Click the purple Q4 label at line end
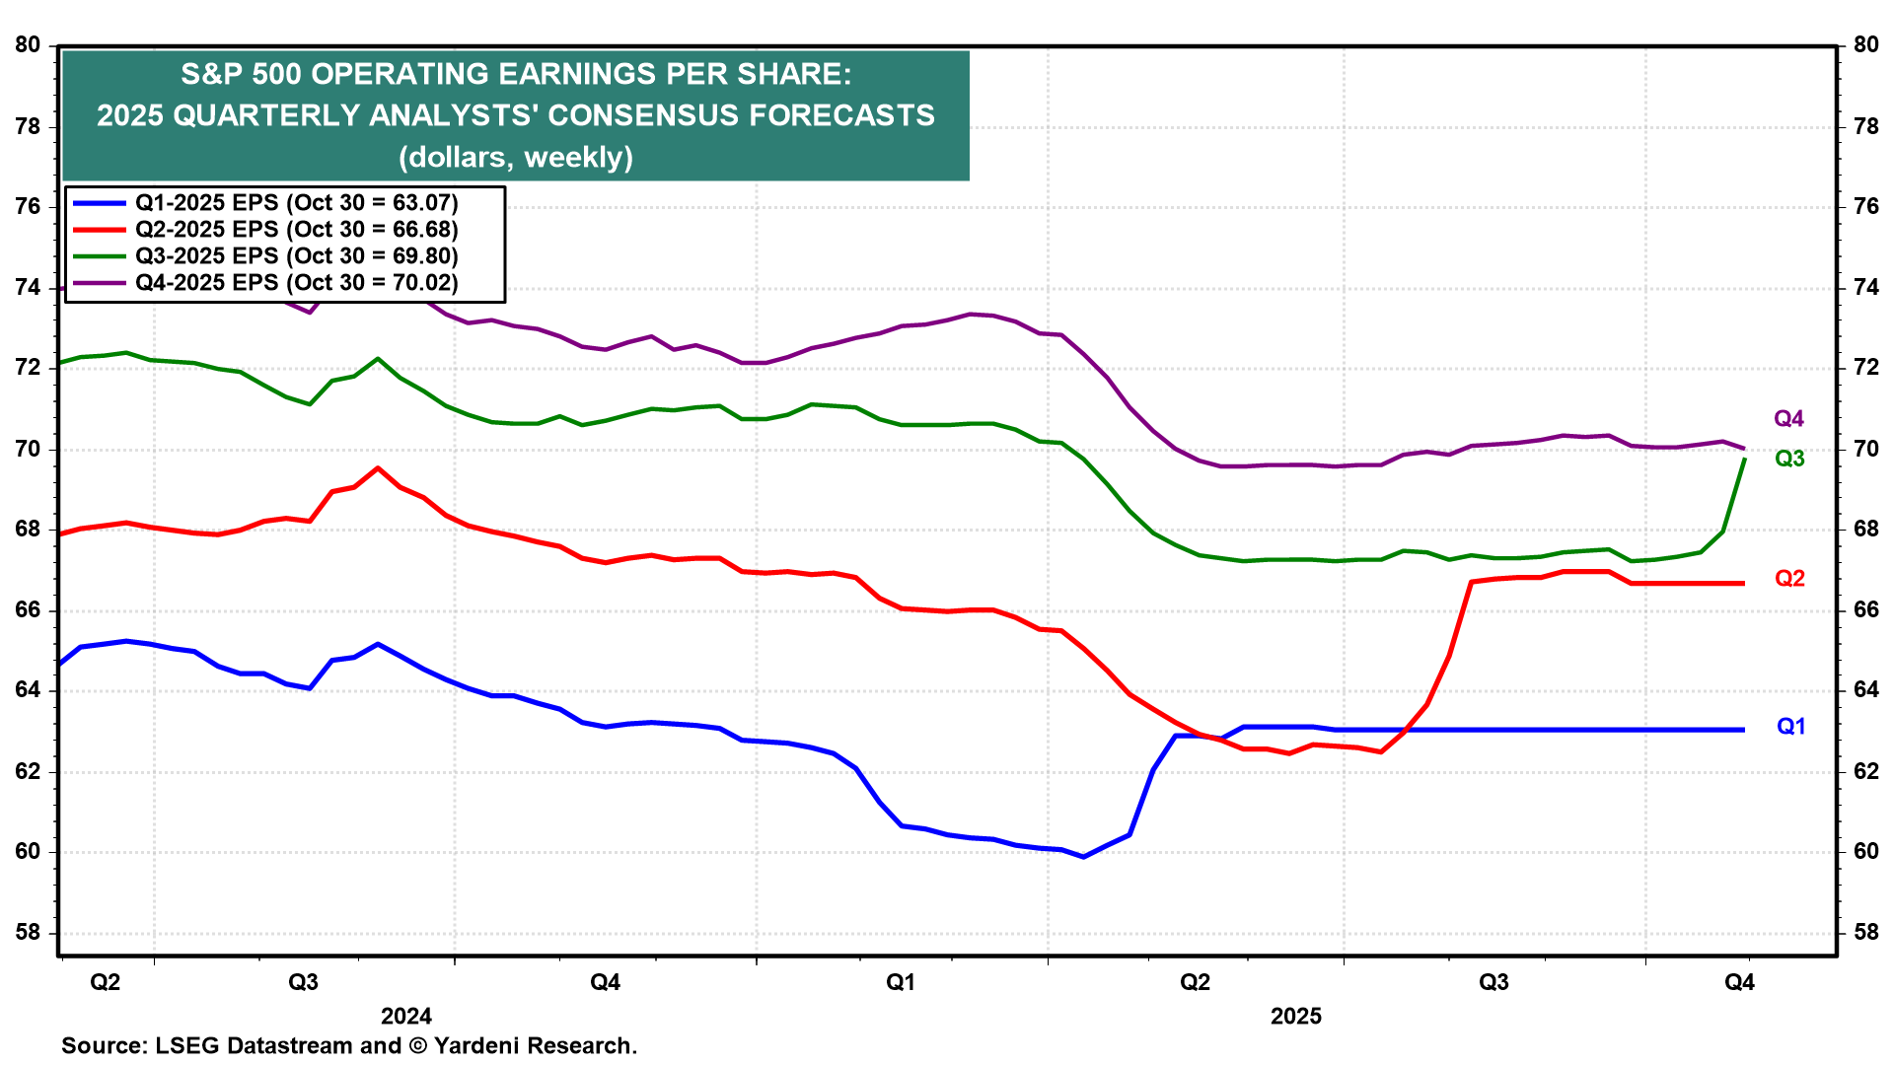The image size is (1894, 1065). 1788,419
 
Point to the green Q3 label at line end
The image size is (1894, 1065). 1789,459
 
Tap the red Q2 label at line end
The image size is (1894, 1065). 1789,579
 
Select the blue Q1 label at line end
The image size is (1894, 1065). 1790,727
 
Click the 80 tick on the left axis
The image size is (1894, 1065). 28,45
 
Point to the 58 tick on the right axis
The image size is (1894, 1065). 1866,933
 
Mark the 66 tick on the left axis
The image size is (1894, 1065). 28,610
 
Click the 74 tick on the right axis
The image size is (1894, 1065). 1866,288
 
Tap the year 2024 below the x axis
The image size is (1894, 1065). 406,1017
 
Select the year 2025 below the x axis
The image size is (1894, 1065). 1295,1017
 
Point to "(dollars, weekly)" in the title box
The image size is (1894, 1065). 516,157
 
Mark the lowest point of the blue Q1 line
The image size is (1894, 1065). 1083,857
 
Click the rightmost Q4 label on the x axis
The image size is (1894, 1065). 1739,982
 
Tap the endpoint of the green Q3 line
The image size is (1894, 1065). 1745,460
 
